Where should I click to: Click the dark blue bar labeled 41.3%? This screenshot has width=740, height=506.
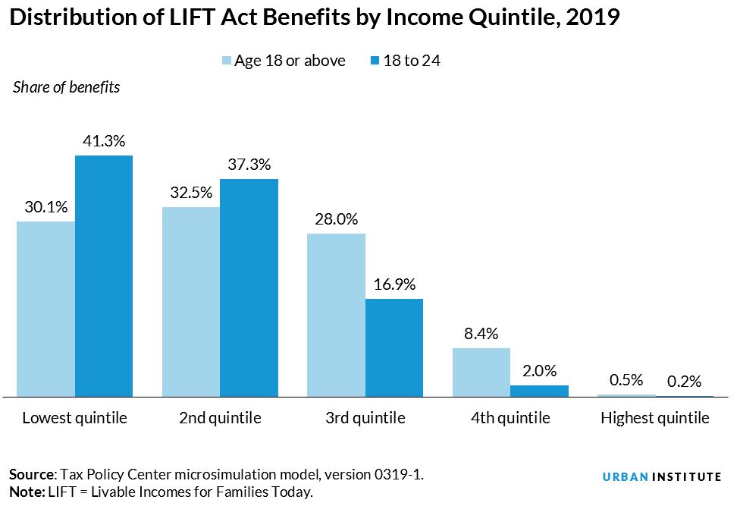[104, 275]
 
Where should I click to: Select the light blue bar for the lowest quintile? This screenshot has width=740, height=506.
[45, 309]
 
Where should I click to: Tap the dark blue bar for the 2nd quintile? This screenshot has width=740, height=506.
[249, 288]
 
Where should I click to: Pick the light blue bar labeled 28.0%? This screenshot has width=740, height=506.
[336, 315]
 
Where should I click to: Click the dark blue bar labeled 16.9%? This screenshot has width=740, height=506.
[394, 347]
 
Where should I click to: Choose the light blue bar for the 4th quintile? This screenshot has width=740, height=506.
[481, 372]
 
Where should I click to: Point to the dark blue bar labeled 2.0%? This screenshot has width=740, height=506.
[539, 391]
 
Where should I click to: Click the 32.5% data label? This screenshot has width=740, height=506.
[191, 193]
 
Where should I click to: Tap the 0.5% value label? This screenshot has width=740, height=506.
[626, 380]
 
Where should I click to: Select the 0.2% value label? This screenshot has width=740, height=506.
[685, 382]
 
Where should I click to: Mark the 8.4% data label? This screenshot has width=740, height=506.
[481, 334]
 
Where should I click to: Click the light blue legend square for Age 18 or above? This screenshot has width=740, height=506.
[227, 61]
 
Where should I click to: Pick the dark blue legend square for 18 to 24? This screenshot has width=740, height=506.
[375, 61]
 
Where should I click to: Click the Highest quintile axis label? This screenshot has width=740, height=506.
[655, 418]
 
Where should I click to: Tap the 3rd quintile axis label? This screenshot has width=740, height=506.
[365, 418]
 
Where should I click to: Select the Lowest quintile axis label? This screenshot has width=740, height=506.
[74, 418]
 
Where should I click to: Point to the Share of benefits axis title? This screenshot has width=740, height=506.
[67, 87]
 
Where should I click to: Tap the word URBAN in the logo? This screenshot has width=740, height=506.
[626, 477]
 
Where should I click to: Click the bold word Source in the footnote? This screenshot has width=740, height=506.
[32, 474]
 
